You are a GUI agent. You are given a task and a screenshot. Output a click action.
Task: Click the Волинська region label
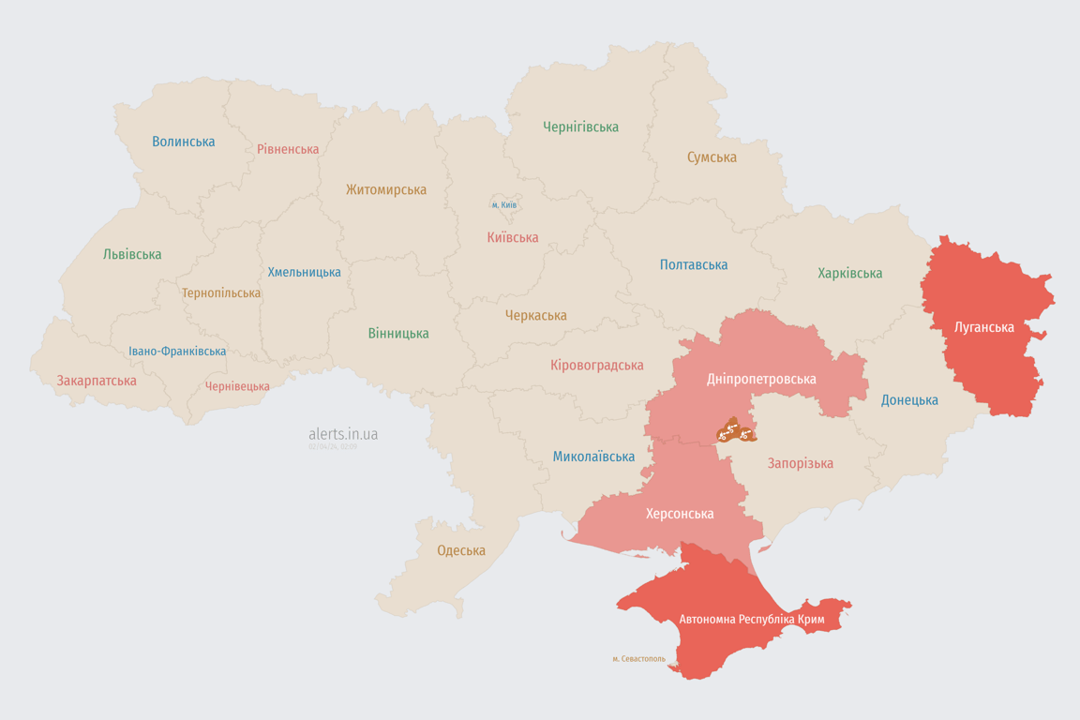(184, 142)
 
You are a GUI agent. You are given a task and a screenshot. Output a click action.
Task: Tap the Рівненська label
(288, 149)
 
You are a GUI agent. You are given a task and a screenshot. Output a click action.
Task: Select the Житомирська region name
(385, 189)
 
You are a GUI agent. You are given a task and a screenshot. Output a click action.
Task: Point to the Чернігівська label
(580, 127)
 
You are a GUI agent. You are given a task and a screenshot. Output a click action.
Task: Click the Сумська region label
(712, 157)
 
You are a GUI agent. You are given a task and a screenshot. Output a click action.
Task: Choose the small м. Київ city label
(504, 204)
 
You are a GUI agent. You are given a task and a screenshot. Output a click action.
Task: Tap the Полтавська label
(694, 265)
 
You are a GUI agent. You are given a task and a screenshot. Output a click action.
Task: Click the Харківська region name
(849, 274)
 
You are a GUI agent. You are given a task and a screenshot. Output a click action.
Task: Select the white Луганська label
(983, 327)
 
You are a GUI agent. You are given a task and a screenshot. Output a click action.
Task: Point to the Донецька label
(909, 400)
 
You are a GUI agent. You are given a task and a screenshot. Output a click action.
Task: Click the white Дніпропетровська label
(761, 379)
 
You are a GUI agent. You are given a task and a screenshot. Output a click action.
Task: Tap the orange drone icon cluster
(735, 431)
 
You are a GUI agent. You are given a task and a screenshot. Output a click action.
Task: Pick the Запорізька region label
(800, 463)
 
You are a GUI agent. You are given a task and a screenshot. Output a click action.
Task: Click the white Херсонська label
(680, 514)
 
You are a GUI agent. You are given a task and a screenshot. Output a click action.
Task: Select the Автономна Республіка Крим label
(750, 620)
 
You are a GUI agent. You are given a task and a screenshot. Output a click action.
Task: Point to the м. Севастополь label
(638, 659)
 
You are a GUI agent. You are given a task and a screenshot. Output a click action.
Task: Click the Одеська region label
(461, 550)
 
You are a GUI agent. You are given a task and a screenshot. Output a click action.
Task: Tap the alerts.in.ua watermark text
(343, 434)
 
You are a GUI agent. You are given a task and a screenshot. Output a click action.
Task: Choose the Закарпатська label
(97, 381)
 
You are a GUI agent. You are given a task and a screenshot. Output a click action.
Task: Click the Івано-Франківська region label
(177, 352)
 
